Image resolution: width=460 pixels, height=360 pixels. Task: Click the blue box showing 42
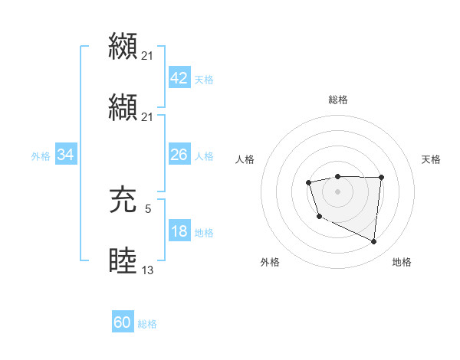(x=179, y=77)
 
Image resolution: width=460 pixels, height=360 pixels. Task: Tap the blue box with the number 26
(x=179, y=155)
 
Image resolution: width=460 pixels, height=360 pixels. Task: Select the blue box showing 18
(x=179, y=231)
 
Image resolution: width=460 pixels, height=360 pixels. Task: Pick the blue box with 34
(x=66, y=155)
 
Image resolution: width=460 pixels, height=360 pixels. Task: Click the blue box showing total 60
(x=123, y=322)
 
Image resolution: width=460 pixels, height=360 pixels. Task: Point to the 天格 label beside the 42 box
(x=204, y=79)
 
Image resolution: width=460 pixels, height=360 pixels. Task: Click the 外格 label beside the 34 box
(x=41, y=155)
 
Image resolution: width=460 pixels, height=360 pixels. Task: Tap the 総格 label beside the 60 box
(x=147, y=324)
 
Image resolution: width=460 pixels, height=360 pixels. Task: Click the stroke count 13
(x=148, y=269)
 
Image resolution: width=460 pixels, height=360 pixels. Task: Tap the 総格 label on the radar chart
(x=338, y=100)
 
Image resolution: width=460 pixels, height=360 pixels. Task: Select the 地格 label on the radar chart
(x=402, y=263)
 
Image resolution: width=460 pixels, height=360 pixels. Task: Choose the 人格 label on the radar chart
(x=245, y=159)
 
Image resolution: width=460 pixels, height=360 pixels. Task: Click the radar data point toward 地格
(x=374, y=242)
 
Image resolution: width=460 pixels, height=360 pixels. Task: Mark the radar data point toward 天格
(x=381, y=177)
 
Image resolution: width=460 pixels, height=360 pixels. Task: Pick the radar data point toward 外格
(x=319, y=217)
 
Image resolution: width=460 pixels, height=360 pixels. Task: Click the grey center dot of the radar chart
(x=338, y=191)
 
